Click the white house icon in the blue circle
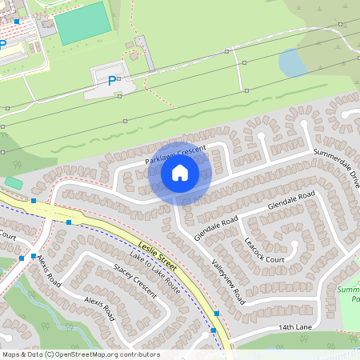180,173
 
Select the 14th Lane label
294,328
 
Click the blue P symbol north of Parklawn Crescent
112,80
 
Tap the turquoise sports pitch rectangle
82,23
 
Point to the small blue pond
293,62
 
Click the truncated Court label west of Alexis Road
8,236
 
